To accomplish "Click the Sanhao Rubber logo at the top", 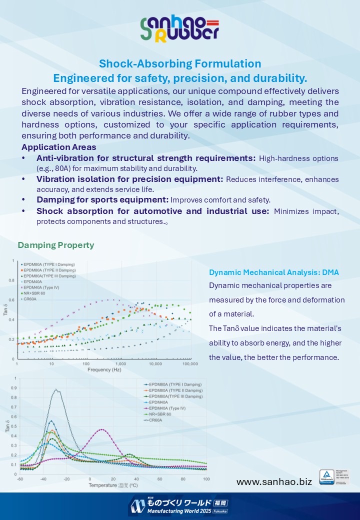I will (179, 29).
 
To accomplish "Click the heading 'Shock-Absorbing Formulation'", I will (180, 64).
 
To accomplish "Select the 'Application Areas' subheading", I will (59, 147).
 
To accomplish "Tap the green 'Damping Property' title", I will (56, 245).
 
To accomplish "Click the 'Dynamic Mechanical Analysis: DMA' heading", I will (274, 272).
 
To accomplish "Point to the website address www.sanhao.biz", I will (274, 481).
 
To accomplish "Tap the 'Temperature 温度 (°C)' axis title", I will (113, 485).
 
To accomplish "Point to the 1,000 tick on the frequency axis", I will (120, 364).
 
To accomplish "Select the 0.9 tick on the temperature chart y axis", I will (14, 388).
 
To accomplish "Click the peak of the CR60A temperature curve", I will (57, 390).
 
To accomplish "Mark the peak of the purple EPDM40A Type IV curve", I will (102, 429).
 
